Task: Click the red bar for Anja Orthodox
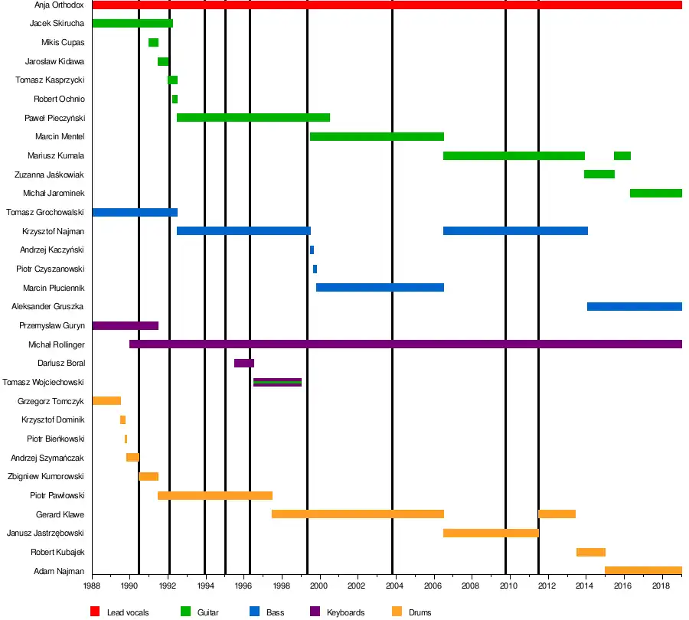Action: (387, 5)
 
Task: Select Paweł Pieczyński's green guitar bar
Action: (253, 118)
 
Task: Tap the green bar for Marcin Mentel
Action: (377, 136)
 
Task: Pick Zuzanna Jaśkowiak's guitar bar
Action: (599, 175)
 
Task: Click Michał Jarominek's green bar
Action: (655, 193)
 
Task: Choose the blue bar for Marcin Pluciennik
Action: (380, 288)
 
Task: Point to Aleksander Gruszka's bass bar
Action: (634, 307)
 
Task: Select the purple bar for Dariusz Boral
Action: (243, 364)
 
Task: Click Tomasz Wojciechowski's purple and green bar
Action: (277, 382)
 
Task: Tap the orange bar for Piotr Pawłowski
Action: (214, 495)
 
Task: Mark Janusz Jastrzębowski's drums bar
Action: (490, 533)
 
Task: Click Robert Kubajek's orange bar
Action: (590, 552)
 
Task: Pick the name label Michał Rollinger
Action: (56, 344)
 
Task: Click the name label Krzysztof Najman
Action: (54, 231)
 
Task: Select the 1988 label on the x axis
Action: (92, 586)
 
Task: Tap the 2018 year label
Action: (661, 586)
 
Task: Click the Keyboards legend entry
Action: (345, 612)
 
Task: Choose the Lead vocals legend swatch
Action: (96, 612)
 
